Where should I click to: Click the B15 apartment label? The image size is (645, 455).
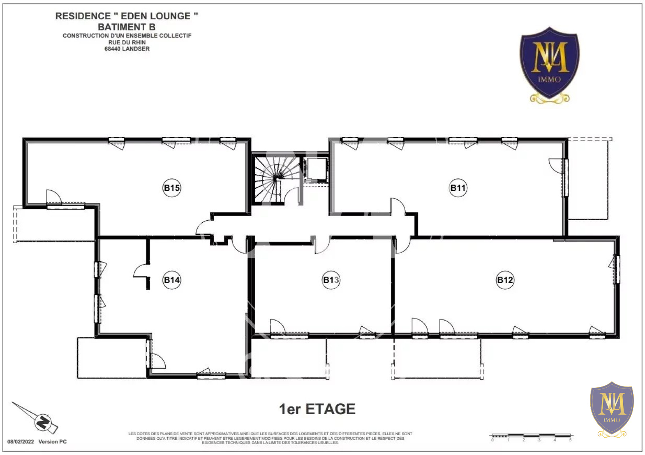172,188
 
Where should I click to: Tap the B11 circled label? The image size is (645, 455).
458,188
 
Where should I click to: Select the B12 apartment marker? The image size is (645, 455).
505,280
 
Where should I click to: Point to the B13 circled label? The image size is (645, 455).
331,280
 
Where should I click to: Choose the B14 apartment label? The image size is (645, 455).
172,280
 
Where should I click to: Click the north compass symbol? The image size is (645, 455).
43,422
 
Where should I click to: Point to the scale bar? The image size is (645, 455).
531,435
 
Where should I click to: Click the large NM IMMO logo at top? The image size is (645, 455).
549,65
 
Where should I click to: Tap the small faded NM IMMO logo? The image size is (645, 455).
612,409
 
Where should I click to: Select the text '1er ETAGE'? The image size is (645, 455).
317,409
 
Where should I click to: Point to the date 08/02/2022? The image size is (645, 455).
21,442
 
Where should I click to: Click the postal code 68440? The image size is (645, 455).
112,49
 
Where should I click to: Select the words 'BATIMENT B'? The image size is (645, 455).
127,27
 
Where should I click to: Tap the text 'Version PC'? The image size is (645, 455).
52,442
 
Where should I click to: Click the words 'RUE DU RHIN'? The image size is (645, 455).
127,42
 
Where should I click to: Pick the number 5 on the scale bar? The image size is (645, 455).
570,440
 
